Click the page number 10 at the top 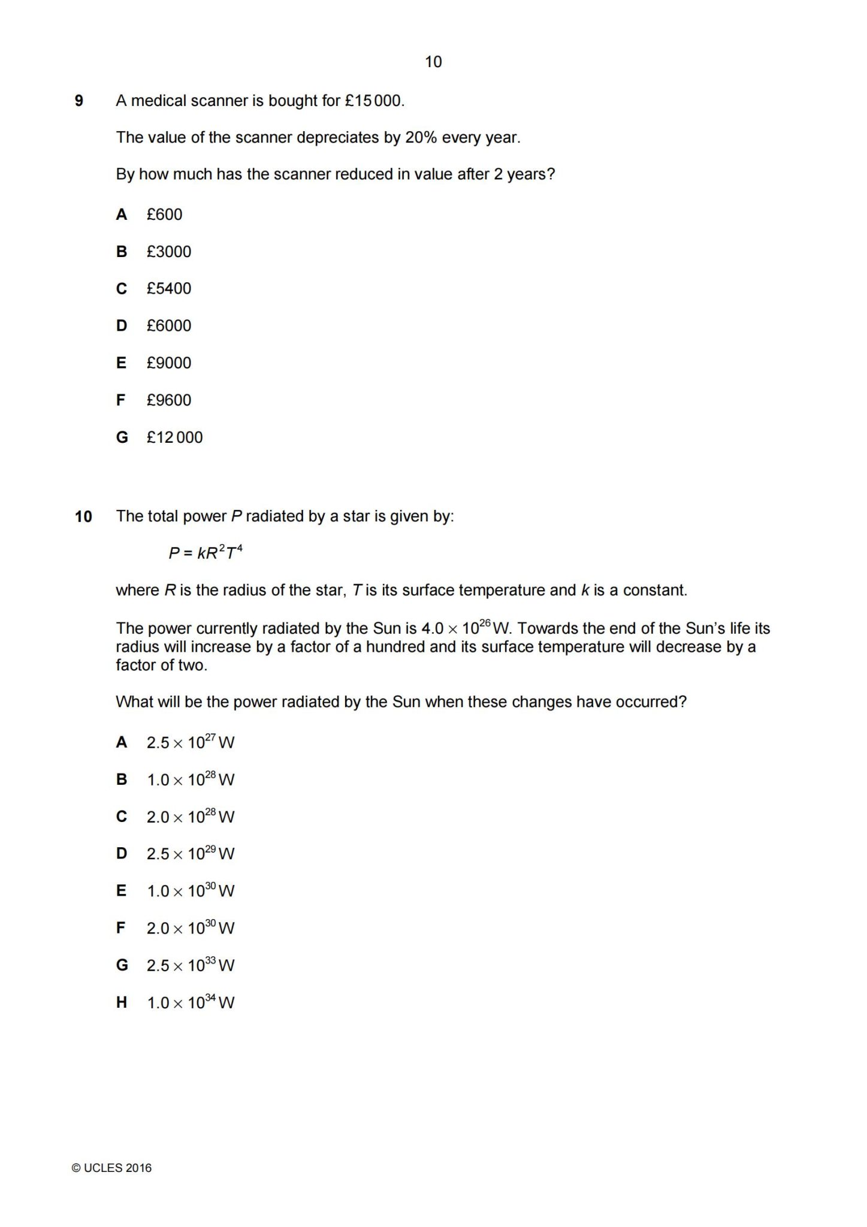click(433, 62)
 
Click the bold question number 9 click(78, 101)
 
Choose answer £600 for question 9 click(164, 214)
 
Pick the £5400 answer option click(168, 289)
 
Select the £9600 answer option click(168, 400)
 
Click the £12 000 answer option click(174, 437)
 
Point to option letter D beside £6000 click(122, 326)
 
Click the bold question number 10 click(83, 516)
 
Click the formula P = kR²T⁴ click(205, 552)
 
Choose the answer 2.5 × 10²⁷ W click(190, 743)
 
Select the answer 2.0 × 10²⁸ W click(190, 817)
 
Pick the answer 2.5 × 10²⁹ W click(190, 854)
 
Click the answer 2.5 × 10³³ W click(190, 965)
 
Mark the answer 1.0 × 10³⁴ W click(190, 1002)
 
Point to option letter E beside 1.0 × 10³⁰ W click(121, 891)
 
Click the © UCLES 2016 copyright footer click(111, 1168)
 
